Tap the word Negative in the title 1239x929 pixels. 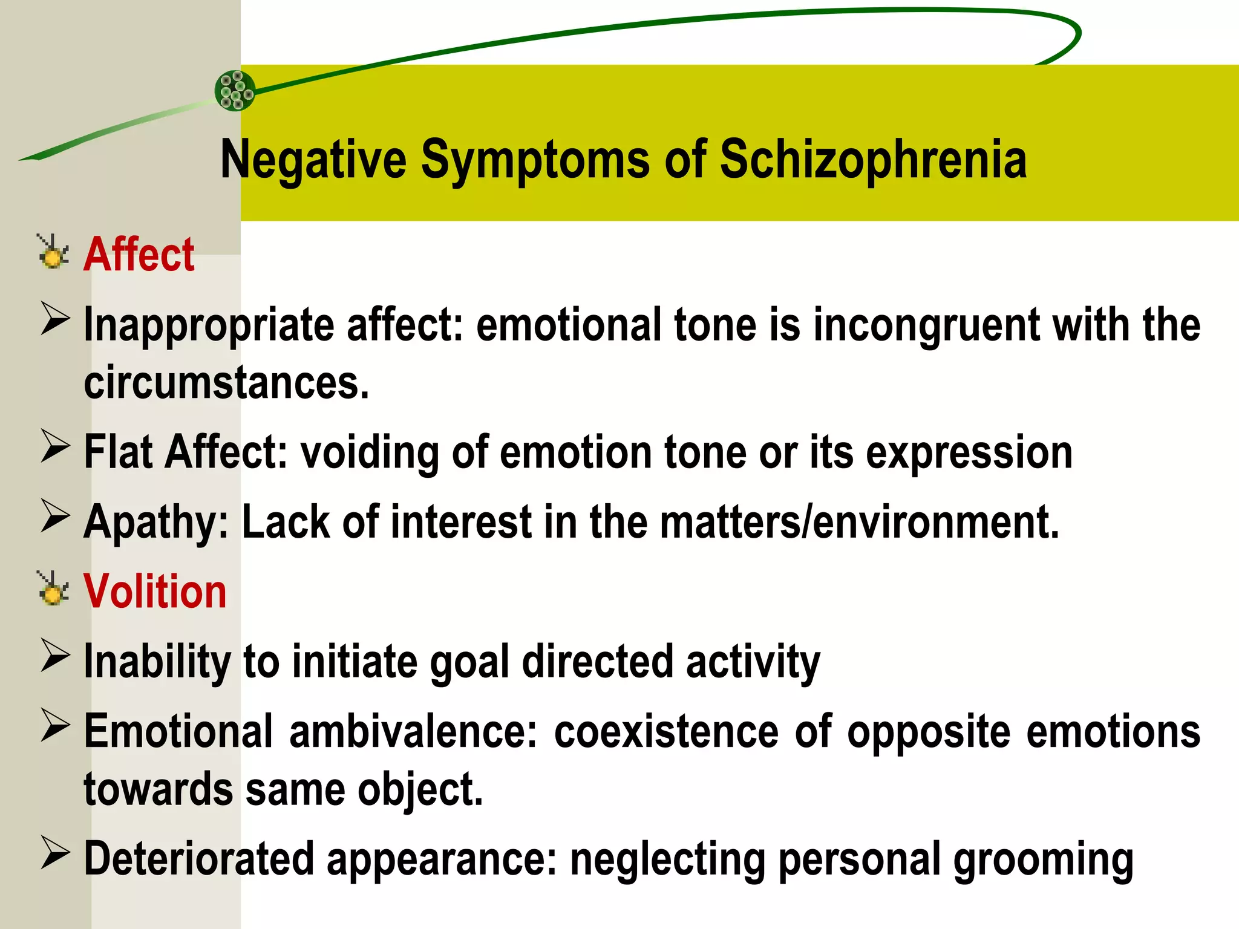[x=313, y=160]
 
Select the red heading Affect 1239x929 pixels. [x=139, y=255]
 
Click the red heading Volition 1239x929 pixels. [x=155, y=592]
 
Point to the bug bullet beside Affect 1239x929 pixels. [x=53, y=252]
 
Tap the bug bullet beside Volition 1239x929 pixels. [x=53, y=588]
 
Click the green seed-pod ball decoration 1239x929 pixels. [x=235, y=91]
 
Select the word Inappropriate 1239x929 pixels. [x=209, y=325]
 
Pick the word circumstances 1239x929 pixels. [x=226, y=383]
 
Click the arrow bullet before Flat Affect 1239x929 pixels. [x=56, y=447]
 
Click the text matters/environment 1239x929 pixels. [x=859, y=522]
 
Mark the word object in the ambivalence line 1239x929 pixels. [x=420, y=790]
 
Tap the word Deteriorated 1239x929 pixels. [x=199, y=859]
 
